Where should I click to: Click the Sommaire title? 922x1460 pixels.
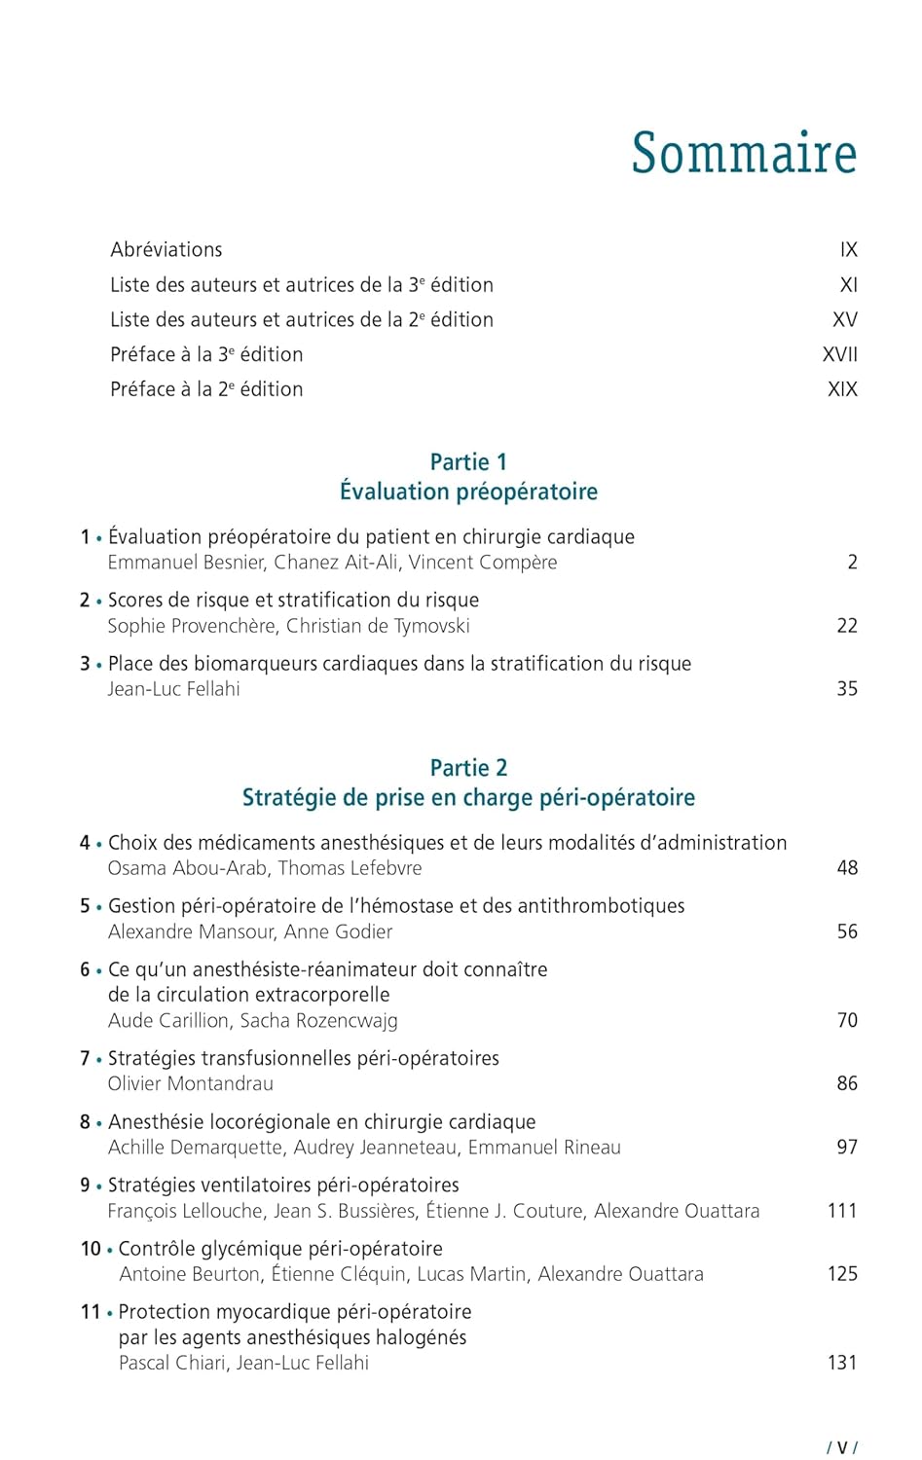pos(744,154)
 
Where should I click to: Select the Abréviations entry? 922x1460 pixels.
pos(166,250)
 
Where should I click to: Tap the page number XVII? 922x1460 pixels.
pos(840,354)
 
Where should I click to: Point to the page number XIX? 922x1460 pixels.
pos(842,389)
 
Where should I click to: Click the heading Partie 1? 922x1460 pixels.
pos(468,462)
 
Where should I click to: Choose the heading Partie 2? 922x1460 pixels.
pos(468,768)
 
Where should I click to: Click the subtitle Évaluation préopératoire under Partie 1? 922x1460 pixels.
pos(468,492)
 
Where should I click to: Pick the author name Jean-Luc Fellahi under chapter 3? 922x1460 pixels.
pos(173,689)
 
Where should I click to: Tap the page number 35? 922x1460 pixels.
pos(847,689)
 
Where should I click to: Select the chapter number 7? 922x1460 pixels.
pos(85,1058)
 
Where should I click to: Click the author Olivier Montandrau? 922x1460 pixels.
pos(190,1083)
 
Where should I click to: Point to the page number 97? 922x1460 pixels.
pos(847,1148)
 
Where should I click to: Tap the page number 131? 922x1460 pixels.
pos(842,1363)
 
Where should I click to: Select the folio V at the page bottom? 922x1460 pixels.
pos(842,1447)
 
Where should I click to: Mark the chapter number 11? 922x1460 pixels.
pos(91,1312)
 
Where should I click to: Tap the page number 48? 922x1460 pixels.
pos(847,868)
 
